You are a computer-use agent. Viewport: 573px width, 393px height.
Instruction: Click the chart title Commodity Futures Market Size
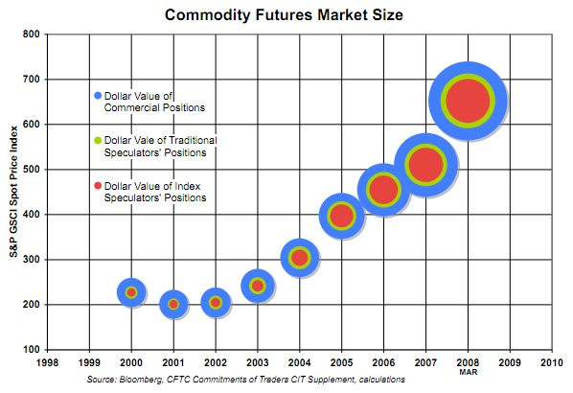click(x=286, y=15)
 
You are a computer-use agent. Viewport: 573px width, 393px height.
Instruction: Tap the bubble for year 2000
click(x=131, y=292)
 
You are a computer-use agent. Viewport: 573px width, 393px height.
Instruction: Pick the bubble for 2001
click(x=173, y=304)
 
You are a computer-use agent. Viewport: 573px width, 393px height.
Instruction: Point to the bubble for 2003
click(x=257, y=285)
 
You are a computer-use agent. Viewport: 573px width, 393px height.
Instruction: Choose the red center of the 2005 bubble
click(x=341, y=216)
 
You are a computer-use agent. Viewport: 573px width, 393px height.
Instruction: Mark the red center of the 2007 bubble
click(x=425, y=164)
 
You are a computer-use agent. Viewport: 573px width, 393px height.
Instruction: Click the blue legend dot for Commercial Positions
click(x=98, y=95)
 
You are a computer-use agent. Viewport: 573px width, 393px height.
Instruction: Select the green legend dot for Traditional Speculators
click(x=98, y=140)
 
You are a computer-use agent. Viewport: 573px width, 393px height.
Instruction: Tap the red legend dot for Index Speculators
click(x=98, y=185)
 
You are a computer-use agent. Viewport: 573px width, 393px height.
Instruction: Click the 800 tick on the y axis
click(x=31, y=35)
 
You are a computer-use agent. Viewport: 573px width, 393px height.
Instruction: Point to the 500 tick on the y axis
click(x=31, y=170)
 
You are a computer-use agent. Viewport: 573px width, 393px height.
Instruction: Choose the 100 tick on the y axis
click(x=31, y=350)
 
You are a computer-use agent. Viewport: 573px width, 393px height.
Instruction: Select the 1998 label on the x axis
click(x=47, y=363)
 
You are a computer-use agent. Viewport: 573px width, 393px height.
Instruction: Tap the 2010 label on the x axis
click(x=551, y=363)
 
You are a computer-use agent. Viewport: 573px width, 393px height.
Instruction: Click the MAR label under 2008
click(x=467, y=372)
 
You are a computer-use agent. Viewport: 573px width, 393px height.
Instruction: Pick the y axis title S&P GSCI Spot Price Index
click(x=12, y=192)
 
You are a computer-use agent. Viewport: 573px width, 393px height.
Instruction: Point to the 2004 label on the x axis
click(x=299, y=363)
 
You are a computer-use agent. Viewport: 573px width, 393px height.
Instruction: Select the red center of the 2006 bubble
click(x=383, y=189)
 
